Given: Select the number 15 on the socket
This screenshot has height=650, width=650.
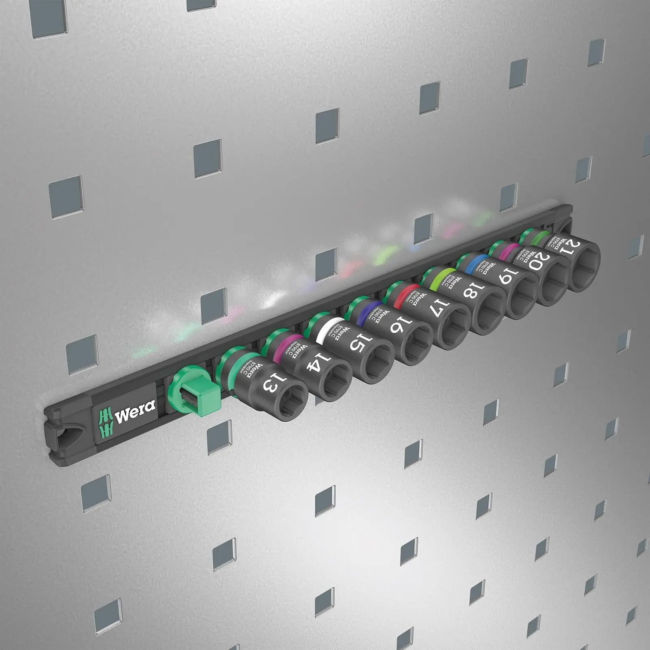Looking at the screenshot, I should [x=359, y=344].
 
